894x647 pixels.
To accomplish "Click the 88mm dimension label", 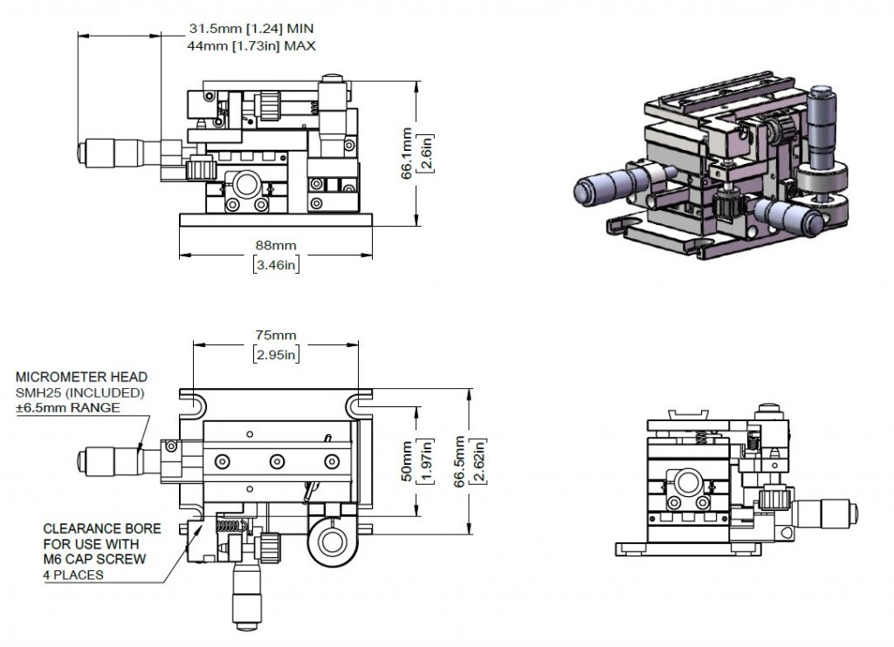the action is click(276, 246).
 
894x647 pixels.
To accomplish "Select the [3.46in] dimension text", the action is click(276, 265).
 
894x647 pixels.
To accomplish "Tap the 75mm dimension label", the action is click(276, 335).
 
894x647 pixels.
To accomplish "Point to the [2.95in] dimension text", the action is click(276, 354).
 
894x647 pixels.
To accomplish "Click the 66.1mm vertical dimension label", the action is click(407, 153).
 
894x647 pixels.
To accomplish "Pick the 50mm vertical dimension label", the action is click(407, 461).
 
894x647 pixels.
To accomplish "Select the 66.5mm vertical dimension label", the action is click(460, 461).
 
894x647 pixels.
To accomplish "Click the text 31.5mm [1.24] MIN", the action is click(251, 29).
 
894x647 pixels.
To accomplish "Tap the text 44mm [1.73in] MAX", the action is click(251, 45).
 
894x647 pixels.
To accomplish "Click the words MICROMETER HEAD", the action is click(81, 377).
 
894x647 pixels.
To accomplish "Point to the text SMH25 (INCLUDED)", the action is click(79, 392).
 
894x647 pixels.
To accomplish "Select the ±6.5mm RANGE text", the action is click(68, 408).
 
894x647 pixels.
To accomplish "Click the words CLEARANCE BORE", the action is click(102, 528).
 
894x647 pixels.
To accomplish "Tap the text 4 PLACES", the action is click(73, 575).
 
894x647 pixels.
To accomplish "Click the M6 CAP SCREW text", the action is click(94, 559).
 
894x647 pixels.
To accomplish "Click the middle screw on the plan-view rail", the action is click(277, 461).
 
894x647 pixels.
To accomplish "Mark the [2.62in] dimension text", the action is click(478, 461).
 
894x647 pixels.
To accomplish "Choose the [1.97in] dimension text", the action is click(425, 461).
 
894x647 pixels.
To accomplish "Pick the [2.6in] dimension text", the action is click(425, 153).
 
